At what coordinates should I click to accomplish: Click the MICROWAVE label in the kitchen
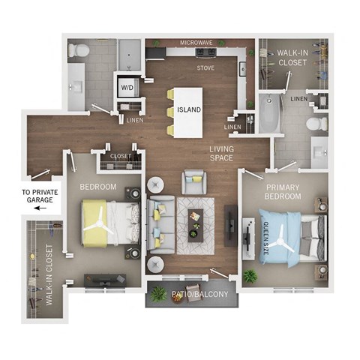[196, 43]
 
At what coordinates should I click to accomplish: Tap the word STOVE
[205, 68]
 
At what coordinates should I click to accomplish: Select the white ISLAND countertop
[187, 111]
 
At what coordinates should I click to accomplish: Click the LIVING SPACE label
[221, 154]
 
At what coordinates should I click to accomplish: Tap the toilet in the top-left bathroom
[78, 50]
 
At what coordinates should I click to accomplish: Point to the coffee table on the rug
[196, 221]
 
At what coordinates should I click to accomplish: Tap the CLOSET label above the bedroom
[121, 157]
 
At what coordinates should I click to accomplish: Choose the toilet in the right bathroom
[317, 121]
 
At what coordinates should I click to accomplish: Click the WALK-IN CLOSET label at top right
[292, 58]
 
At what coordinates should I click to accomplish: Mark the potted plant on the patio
[159, 294]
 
